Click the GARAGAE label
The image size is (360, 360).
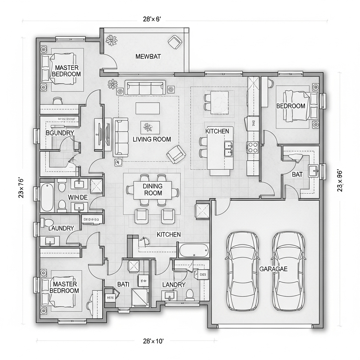pos(273,269)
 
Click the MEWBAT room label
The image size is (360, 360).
pos(146,56)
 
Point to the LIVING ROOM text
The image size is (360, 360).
pos(152,139)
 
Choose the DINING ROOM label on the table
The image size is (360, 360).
pos(153,189)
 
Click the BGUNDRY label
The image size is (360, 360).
pos(60,133)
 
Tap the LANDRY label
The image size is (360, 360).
pos(173,284)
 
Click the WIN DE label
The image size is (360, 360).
pos(77,197)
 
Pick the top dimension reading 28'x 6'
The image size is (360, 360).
pos(152,19)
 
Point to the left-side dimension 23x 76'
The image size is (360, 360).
pos(21,188)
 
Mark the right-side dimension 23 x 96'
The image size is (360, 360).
pos(340,181)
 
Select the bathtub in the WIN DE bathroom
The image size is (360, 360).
pos(47,197)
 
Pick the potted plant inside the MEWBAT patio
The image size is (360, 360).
pos(112,40)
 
